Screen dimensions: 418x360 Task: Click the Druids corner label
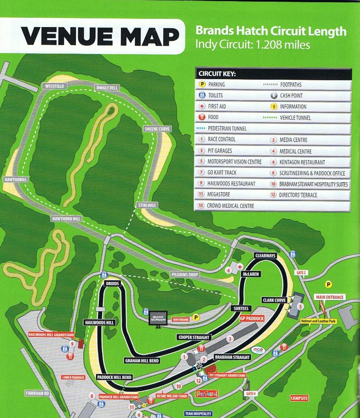click(x=112, y=283)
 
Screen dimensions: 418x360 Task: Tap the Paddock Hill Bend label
click(x=114, y=377)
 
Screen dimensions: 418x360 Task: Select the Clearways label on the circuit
click(x=265, y=255)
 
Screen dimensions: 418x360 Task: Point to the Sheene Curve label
click(x=157, y=129)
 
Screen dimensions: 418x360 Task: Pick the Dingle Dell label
click(x=107, y=88)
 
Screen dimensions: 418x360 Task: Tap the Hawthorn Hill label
click(x=66, y=218)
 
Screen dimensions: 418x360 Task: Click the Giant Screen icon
click(x=158, y=318)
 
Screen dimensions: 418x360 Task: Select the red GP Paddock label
click(x=252, y=318)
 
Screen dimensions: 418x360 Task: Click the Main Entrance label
click(x=330, y=297)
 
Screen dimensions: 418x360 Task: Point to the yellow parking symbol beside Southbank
click(x=196, y=317)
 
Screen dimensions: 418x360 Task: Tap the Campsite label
click(x=299, y=398)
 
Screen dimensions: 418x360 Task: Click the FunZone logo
click(x=207, y=394)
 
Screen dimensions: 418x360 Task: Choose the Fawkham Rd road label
click(x=38, y=393)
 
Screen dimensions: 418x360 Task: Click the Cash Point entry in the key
click(x=291, y=96)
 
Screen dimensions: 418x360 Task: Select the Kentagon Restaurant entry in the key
click(x=302, y=162)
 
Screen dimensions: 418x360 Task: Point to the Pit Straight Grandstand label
click(x=227, y=376)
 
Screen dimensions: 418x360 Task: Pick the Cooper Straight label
click(x=194, y=337)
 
